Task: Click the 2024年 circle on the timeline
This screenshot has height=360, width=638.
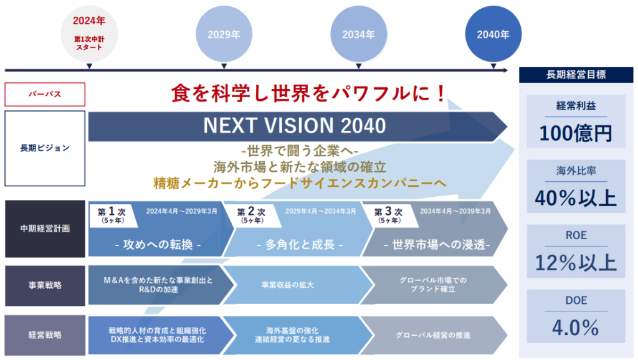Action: pos(89,34)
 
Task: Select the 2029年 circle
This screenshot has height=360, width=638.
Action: pos(224,34)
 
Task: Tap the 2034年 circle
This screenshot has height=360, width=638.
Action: pos(358,34)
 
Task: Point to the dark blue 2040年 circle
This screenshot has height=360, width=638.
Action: pos(493,34)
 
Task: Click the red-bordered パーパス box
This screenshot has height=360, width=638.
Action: pos(45,95)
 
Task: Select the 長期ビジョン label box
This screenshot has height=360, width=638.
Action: pos(45,148)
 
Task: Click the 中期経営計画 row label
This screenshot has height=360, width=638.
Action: pos(45,229)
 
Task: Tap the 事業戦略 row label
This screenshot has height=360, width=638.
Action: pos(45,285)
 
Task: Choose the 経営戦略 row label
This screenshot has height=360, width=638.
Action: pos(45,335)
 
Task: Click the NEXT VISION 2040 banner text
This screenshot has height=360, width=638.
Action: pos(295,126)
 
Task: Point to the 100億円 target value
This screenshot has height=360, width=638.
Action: pos(575,133)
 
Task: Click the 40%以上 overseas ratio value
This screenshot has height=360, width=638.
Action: pos(575,198)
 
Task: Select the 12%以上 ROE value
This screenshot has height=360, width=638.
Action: pos(575,263)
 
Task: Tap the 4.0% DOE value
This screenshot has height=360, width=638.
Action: pos(575,328)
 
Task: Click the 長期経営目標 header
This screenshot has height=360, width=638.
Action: pos(576,75)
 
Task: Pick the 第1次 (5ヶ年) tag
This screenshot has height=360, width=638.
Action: pos(112,216)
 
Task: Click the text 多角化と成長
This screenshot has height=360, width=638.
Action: pos(300,245)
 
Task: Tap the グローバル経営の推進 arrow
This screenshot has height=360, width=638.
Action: pos(434,335)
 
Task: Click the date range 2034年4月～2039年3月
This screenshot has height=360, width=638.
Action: pos(455,211)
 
